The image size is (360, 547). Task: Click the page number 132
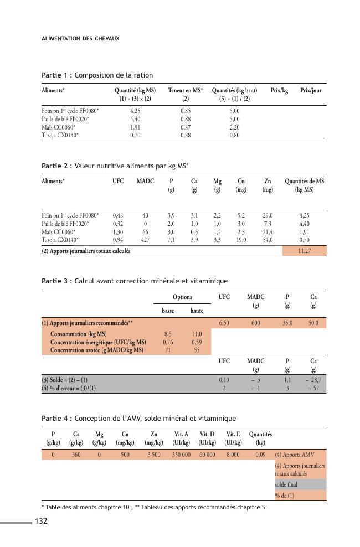coord(42,521)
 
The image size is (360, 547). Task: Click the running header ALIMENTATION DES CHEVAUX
coord(81,39)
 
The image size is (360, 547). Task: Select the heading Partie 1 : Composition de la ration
coord(97,75)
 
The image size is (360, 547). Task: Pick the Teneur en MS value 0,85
coord(186,110)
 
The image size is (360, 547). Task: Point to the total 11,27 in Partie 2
coord(304,251)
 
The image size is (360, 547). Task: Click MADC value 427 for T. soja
coord(145,240)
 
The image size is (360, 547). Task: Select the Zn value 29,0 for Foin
coord(267,215)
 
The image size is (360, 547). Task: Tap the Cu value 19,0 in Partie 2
coord(241,240)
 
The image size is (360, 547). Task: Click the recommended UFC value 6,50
coord(224,322)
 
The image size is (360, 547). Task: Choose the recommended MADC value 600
coord(255,322)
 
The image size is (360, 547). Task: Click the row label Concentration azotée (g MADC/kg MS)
coord(97,350)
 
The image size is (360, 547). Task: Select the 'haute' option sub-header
coord(196,311)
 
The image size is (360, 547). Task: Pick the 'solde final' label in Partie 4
coord(286,485)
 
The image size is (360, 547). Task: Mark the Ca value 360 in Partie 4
coord(76,455)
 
